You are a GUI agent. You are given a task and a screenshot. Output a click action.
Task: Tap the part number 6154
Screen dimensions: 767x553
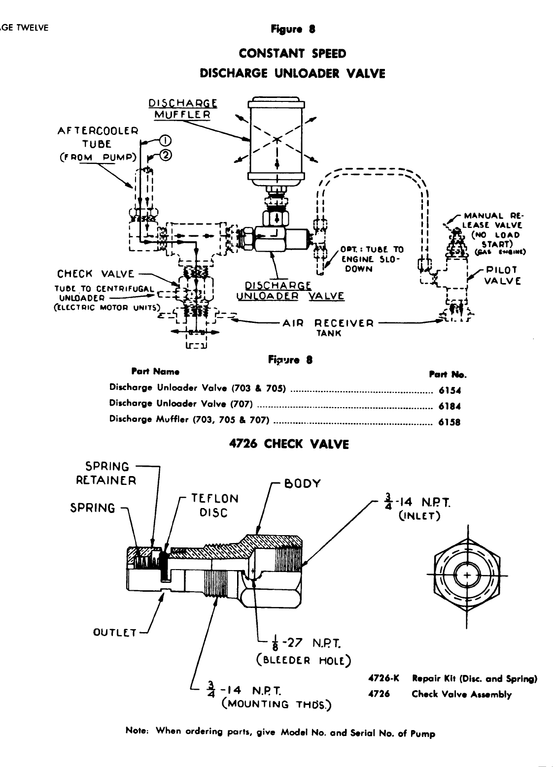tap(449, 391)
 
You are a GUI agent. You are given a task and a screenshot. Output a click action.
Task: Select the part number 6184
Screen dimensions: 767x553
tap(449, 406)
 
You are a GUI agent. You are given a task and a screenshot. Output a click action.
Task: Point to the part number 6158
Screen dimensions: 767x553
tap(449, 422)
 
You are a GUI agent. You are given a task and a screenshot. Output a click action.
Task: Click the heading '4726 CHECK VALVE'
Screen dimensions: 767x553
tap(289, 444)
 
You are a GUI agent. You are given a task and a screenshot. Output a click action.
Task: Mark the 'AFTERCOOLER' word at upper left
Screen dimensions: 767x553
tap(98, 131)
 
